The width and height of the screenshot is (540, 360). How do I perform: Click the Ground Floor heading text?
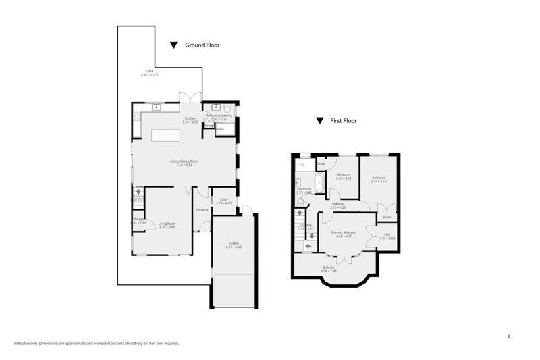pos(202,45)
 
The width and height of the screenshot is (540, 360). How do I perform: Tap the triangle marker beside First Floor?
pos(319,122)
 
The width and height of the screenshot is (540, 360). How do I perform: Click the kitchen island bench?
pos(167,135)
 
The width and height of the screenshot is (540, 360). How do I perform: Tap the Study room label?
pos(224,201)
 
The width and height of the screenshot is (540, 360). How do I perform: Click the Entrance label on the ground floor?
pos(202,210)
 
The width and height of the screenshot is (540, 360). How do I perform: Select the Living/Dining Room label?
pos(184,161)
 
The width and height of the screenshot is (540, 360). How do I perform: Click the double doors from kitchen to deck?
pos(195,97)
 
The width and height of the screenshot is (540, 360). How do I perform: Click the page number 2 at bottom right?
pos(508,335)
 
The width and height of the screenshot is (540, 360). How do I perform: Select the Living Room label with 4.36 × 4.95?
pos(167,225)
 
